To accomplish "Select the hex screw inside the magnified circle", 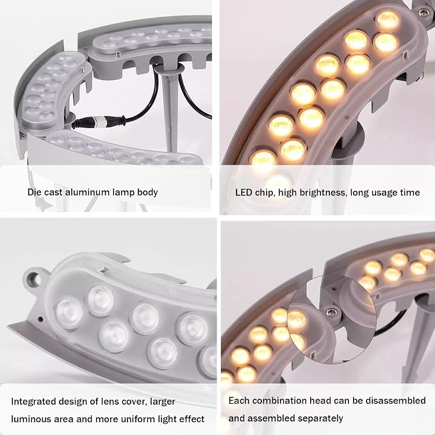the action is [331, 313].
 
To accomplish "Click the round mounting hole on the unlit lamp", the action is [34, 277].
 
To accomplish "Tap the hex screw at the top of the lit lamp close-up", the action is [423, 12].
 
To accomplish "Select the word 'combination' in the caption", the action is [291, 400].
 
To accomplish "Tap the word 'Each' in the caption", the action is [239, 400].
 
